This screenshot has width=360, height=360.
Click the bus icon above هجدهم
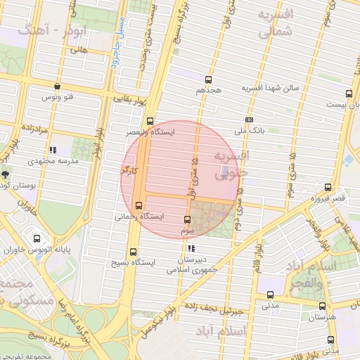(208, 79)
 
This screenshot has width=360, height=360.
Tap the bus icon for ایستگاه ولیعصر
(149, 121)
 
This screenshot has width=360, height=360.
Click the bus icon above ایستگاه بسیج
(133, 252)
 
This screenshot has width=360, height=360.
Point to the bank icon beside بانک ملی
(249, 120)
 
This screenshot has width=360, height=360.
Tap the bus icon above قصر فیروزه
(327, 186)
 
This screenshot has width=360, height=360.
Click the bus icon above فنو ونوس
(56, 86)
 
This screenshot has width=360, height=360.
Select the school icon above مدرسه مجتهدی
(52, 150)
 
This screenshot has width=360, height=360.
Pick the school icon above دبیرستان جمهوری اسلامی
(191, 248)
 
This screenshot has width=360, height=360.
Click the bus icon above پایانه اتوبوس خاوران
(36, 238)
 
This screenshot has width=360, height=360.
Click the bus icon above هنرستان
(321, 307)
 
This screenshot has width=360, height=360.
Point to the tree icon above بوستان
(6, 174)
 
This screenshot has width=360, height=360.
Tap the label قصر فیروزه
(328, 198)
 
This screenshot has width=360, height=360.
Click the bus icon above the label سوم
(187, 220)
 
